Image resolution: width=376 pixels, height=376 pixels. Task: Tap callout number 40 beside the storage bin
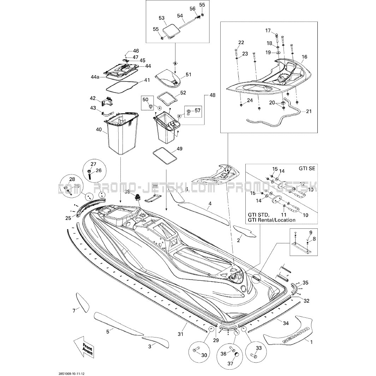pyautogui.click(x=99, y=130)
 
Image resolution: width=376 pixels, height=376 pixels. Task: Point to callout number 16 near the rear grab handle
pyautogui.click(x=304, y=57)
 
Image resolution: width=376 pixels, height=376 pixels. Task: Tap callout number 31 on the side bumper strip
pyautogui.click(x=181, y=334)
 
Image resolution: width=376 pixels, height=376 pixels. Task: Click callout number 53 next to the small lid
pyautogui.click(x=162, y=18)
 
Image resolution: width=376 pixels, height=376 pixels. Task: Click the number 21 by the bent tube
pyautogui.click(x=309, y=112)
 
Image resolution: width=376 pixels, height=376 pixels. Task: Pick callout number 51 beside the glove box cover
pyautogui.click(x=188, y=74)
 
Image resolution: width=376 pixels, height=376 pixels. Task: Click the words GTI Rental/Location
pyautogui.click(x=277, y=220)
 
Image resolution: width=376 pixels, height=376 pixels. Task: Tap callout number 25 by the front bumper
pyautogui.click(x=68, y=218)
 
